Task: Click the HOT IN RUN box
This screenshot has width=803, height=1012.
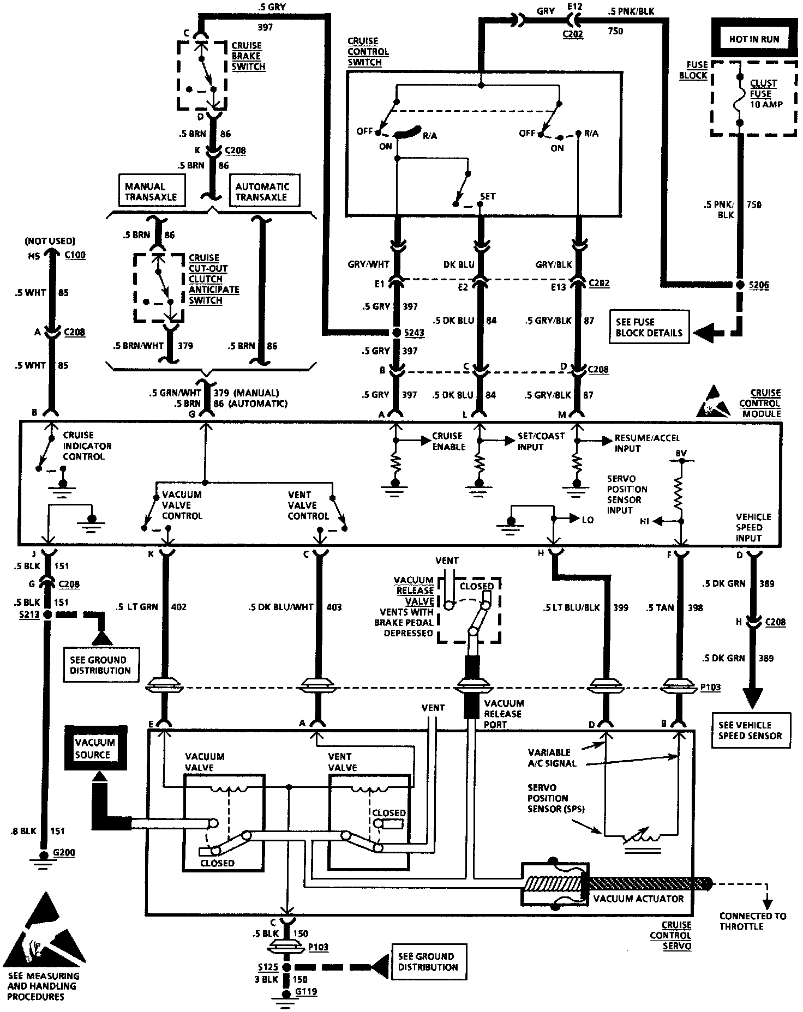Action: click(754, 39)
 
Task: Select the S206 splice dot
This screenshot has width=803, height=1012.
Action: click(740, 285)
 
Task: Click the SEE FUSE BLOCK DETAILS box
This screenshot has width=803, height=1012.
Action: click(649, 327)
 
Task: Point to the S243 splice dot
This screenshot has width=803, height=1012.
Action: click(397, 333)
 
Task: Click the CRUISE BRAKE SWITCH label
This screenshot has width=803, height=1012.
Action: click(248, 56)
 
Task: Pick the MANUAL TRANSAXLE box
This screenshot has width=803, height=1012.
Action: click(151, 191)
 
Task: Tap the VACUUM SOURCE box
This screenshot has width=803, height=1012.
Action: click(95, 748)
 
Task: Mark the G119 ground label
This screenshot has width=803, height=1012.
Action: click(305, 992)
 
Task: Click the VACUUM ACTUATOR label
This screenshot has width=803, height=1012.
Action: click(638, 898)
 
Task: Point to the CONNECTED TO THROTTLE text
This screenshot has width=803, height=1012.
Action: click(753, 921)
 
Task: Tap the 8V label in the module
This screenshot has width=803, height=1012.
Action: click(681, 453)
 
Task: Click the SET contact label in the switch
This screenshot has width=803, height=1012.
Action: click(488, 196)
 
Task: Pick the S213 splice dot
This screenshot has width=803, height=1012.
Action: click(47, 614)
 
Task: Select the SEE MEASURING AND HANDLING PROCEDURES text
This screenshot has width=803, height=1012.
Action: click(43, 986)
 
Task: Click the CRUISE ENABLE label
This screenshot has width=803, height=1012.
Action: click(448, 441)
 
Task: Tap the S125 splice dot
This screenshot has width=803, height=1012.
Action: click(285, 967)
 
